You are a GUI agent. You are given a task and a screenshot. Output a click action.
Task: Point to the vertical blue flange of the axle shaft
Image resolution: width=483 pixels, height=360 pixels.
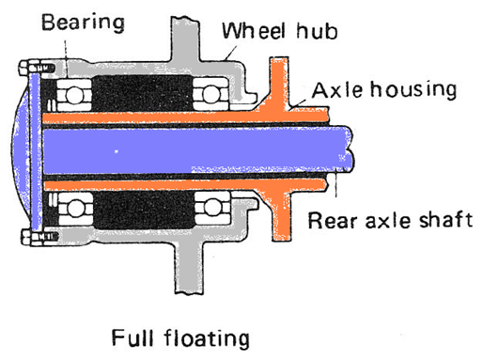click(x=36, y=149)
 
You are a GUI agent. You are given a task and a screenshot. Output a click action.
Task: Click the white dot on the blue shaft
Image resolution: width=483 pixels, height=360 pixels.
click(x=116, y=150)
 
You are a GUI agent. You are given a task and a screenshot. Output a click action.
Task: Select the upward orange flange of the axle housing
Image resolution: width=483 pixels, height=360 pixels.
click(x=279, y=85)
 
